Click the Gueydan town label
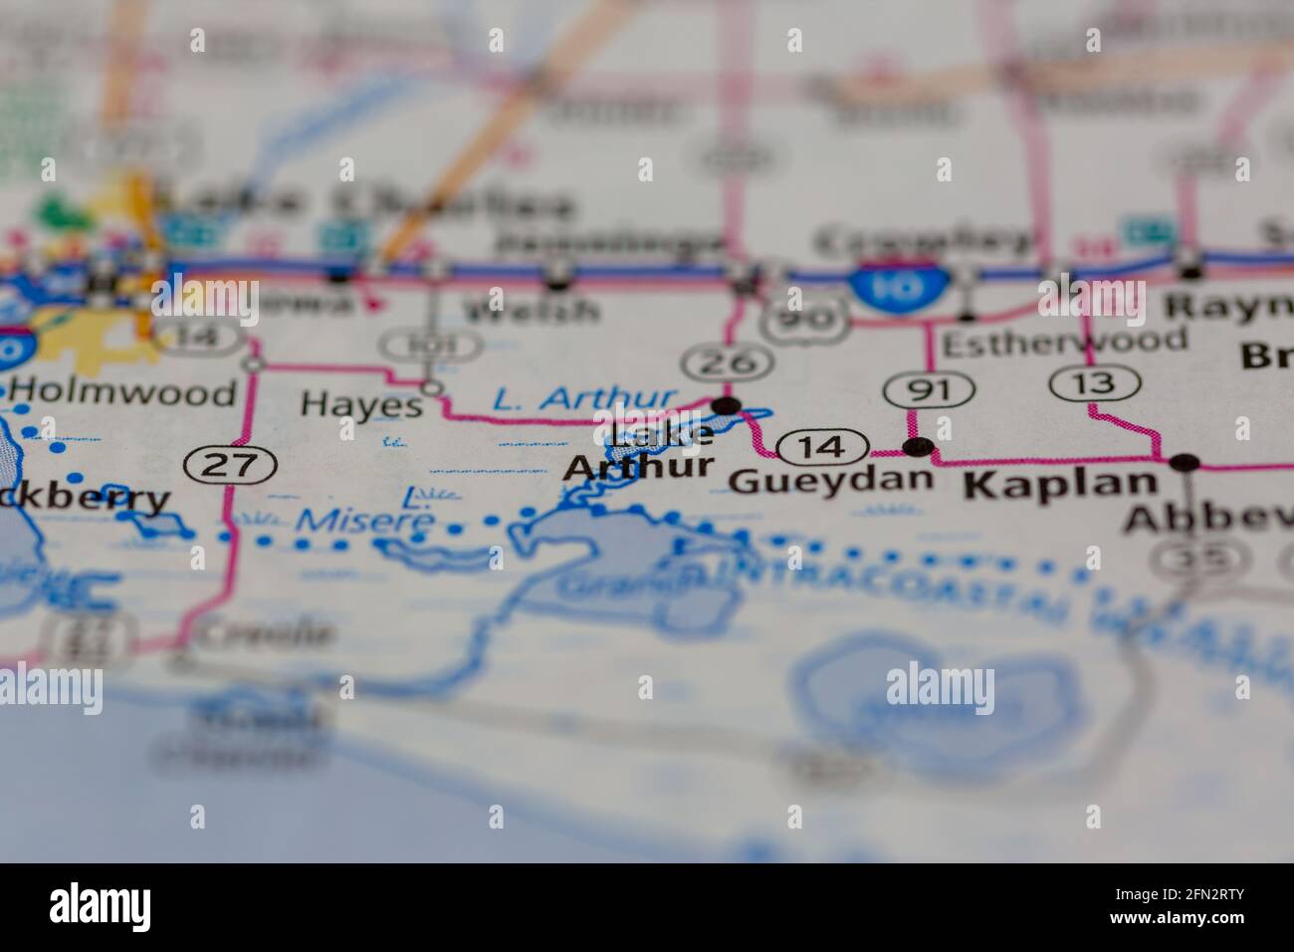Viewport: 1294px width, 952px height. (831, 481)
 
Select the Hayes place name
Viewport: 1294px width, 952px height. (361, 404)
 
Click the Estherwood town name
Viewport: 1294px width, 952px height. (1064, 342)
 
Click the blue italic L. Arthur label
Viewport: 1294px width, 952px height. (585, 399)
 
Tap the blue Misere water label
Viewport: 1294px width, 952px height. (365, 520)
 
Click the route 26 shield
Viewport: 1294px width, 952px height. (728, 362)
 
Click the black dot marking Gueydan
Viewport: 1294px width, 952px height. (917, 445)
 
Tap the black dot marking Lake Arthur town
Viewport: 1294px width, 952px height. (728, 405)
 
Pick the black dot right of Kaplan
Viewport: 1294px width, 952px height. (1185, 462)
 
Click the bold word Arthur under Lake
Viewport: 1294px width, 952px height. (638, 467)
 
